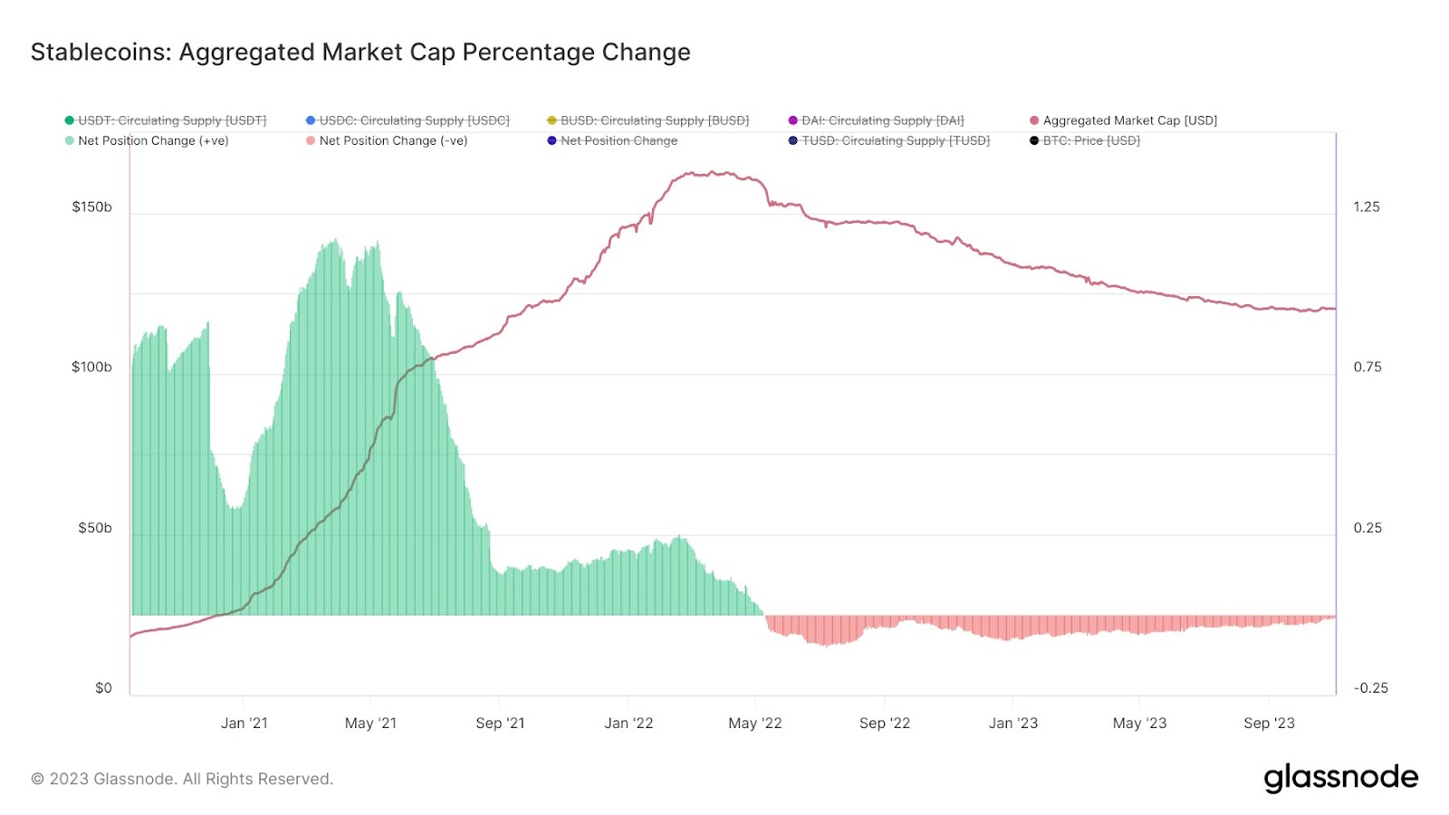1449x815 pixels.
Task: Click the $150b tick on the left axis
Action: coord(92,207)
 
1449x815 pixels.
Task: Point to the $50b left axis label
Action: coord(95,528)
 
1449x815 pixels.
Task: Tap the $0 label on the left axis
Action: coord(103,688)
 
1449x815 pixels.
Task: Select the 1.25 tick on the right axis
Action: coord(1367,207)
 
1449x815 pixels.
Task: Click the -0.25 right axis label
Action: coord(1370,688)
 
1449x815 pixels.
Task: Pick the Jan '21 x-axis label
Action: coord(245,724)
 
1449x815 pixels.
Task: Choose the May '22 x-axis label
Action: coord(755,724)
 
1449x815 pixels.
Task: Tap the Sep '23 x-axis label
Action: coord(1269,724)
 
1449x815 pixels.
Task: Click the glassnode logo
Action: coord(1340,778)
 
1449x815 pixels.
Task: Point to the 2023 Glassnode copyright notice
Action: coord(182,779)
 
